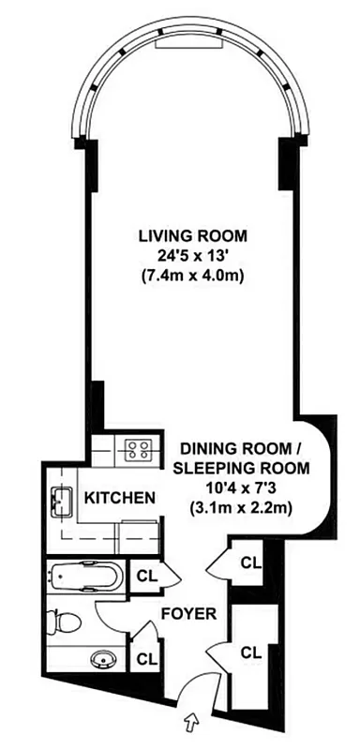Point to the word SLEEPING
tap(212, 469)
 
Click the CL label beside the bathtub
tap(146, 576)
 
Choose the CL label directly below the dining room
tap(249, 562)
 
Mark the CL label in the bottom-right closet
tap(249, 652)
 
